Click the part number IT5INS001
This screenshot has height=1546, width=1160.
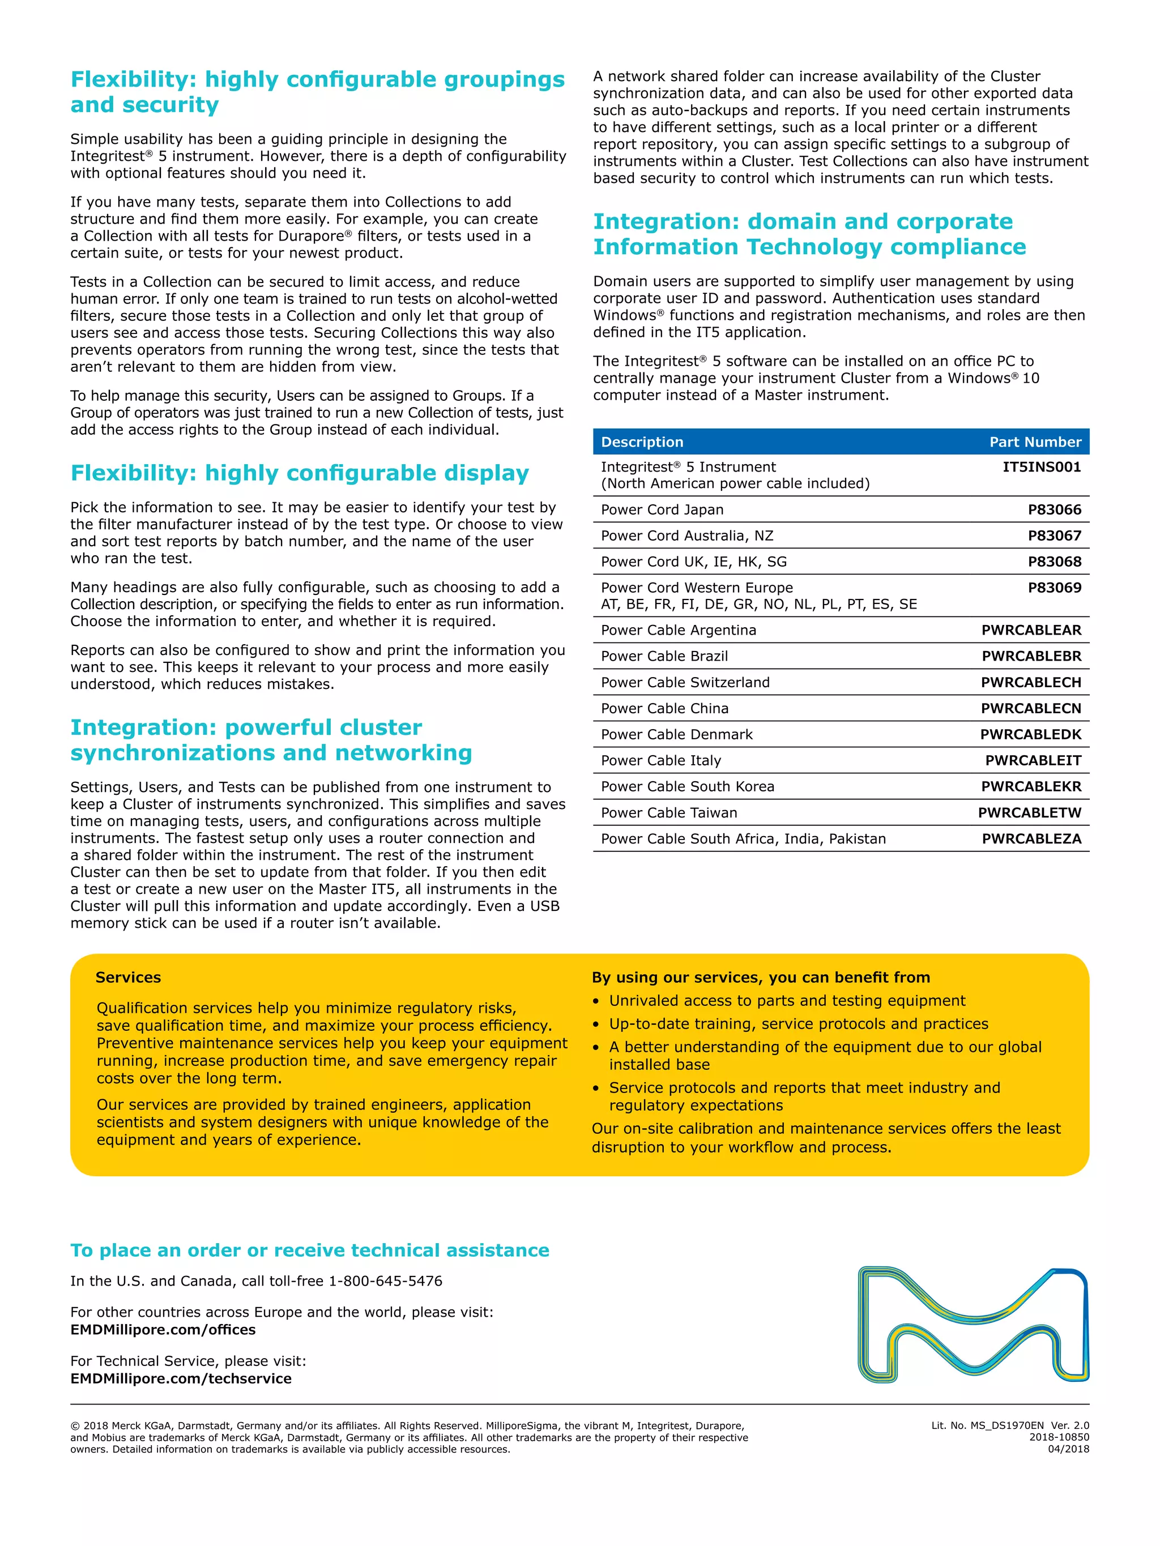[1041, 467]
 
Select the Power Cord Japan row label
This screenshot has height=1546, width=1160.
[662, 509]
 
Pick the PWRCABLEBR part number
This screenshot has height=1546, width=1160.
[1031, 656]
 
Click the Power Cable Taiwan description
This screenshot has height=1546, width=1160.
[668, 813]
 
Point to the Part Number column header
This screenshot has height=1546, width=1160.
[1034, 442]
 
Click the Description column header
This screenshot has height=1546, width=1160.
[641, 442]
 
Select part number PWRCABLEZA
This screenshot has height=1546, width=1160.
[1031, 839]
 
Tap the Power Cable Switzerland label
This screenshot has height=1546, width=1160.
[685, 682]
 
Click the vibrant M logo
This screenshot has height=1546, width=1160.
[973, 1325]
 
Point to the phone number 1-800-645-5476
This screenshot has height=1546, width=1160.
[385, 1281]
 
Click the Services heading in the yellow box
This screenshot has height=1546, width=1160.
[128, 977]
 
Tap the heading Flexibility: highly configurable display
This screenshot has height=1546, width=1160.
[299, 473]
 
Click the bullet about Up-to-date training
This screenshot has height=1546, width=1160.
[798, 1024]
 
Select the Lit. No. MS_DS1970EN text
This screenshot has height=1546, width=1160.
[987, 1425]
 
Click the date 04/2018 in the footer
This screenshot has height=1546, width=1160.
[1068, 1449]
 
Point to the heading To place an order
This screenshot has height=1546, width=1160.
[309, 1250]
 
